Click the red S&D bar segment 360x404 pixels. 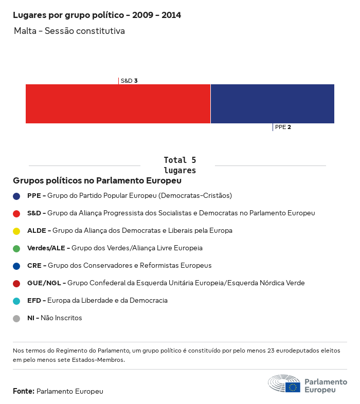click(x=118, y=104)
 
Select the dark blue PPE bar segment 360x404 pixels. click(x=273, y=104)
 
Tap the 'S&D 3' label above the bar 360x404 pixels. click(x=129, y=81)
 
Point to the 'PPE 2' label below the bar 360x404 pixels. click(x=283, y=127)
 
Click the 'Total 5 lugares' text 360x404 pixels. click(x=179, y=165)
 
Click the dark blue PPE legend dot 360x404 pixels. click(x=16, y=196)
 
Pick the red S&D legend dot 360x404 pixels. click(x=16, y=213)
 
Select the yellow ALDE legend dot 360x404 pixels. click(x=16, y=231)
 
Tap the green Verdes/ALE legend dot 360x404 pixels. click(x=16, y=248)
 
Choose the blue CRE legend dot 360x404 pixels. click(x=16, y=266)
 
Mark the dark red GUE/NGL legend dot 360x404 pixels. click(x=16, y=283)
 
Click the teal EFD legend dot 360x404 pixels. click(x=16, y=301)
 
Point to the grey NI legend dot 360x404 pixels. click(x=16, y=318)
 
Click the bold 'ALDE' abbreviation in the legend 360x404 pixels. click(x=37, y=231)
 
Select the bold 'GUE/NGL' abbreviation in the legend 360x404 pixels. click(x=44, y=283)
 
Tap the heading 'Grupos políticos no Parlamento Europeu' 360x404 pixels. click(x=97, y=181)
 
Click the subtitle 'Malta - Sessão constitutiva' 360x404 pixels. click(x=69, y=31)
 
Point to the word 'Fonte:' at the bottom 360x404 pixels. click(x=24, y=391)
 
